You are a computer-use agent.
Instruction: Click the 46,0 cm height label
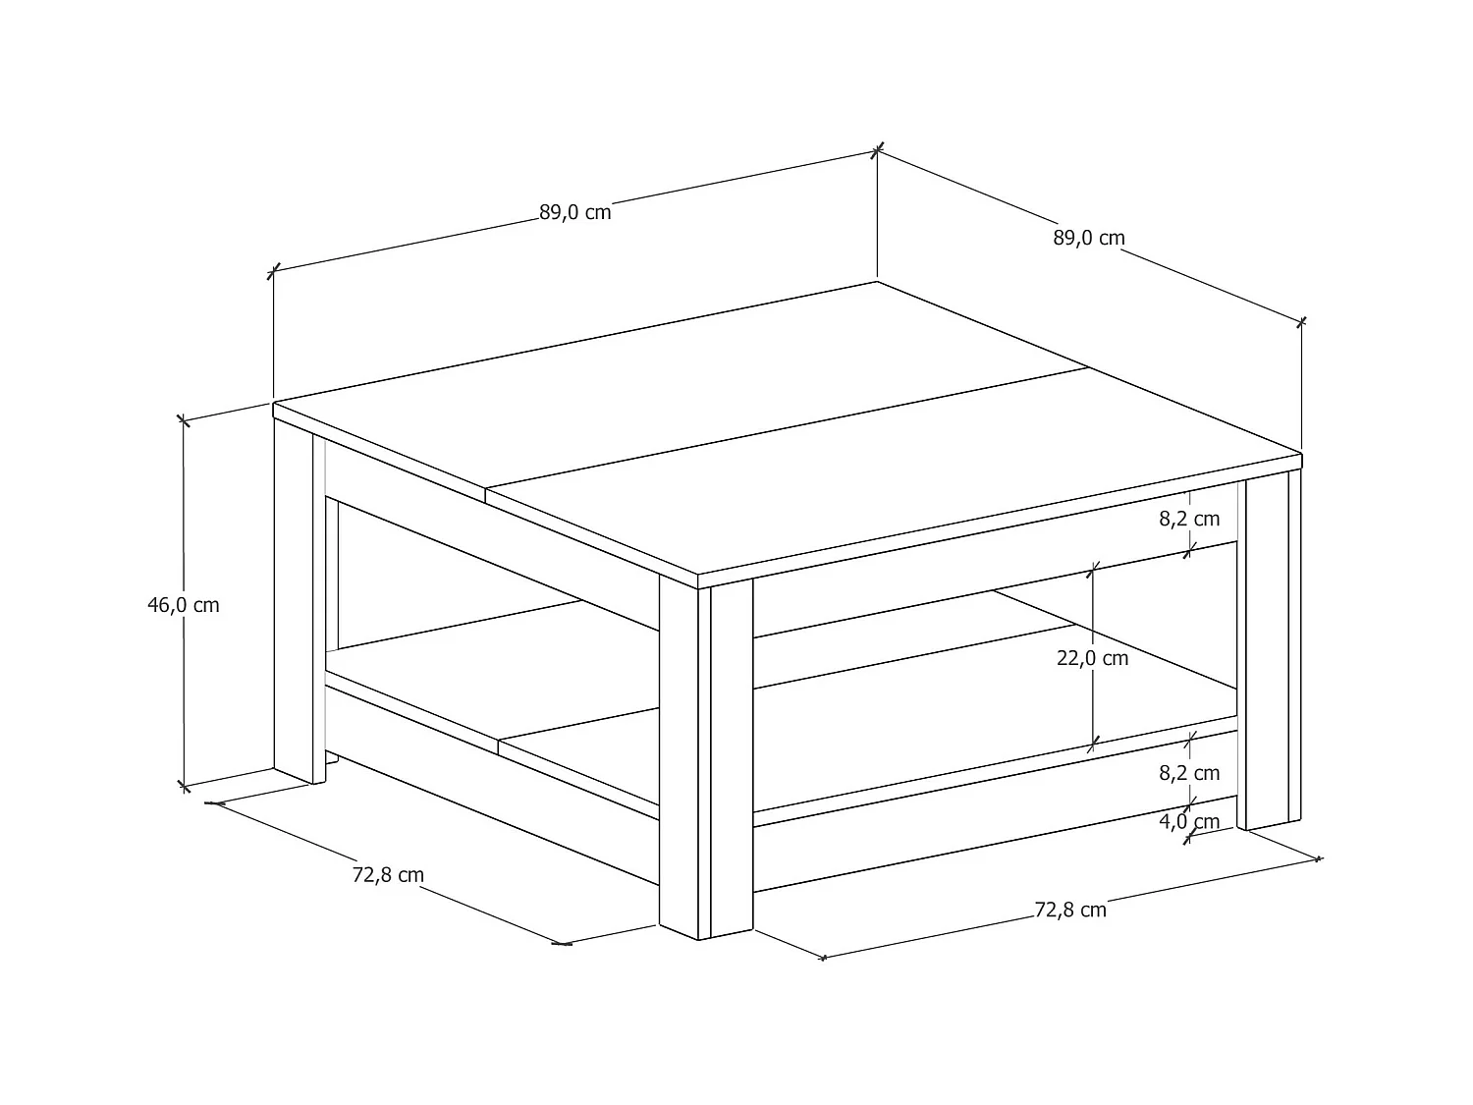[184, 605]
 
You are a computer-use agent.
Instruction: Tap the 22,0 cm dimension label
[1092, 658]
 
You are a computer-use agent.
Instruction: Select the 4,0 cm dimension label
[1189, 822]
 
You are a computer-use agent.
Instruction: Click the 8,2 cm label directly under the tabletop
[1189, 519]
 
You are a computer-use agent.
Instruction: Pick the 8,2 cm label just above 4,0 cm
[1189, 773]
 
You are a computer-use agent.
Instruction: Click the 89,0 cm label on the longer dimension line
[574, 211]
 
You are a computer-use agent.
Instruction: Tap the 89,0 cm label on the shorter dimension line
[1089, 238]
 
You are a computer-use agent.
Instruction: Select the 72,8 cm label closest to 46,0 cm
[388, 874]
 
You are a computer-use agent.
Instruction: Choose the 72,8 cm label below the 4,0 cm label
[1070, 911]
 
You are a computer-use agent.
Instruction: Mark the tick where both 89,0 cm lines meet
[877, 149]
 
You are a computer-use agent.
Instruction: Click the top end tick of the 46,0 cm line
[183, 420]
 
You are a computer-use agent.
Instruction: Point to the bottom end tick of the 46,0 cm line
[183, 785]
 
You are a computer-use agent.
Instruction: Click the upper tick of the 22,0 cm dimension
[1092, 568]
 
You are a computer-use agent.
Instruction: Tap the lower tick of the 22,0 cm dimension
[1092, 746]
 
